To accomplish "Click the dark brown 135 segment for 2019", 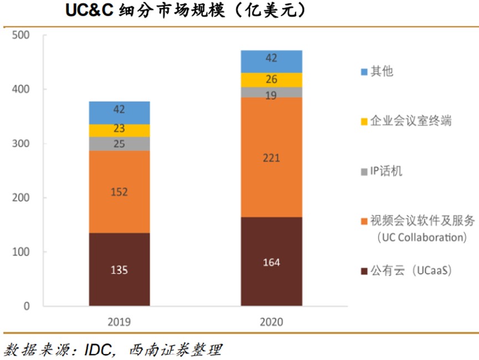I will (119, 270).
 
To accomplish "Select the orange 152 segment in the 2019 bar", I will (119, 192).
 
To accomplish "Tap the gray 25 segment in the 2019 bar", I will (119, 144).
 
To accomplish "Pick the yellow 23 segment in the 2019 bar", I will (119, 131).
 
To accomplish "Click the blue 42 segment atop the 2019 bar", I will (119, 113).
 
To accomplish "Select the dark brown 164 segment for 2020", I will (271, 261).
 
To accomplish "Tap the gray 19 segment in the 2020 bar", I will (271, 92).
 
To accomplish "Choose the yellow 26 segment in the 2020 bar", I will (271, 80).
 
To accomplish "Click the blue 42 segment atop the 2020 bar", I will (271, 61).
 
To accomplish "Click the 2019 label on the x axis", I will (120, 322).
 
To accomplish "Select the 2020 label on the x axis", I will (271, 322).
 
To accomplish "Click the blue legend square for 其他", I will (364, 72).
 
